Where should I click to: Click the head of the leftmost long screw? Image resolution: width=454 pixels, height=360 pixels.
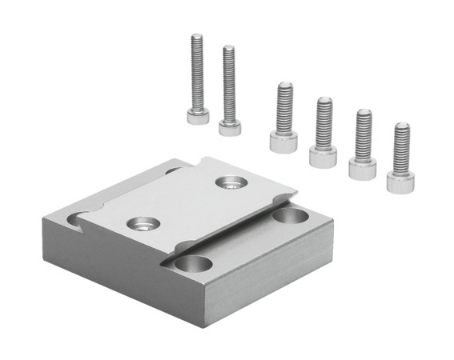198,116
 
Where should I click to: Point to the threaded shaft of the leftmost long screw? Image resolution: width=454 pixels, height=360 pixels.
197,72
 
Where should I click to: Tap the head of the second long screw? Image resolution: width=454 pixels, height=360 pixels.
230,124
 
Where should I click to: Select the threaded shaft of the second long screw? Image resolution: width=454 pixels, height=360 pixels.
229,80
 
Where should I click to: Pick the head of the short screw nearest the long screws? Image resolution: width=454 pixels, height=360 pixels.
283,142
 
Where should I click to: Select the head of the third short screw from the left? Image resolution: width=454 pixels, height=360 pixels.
362,166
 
